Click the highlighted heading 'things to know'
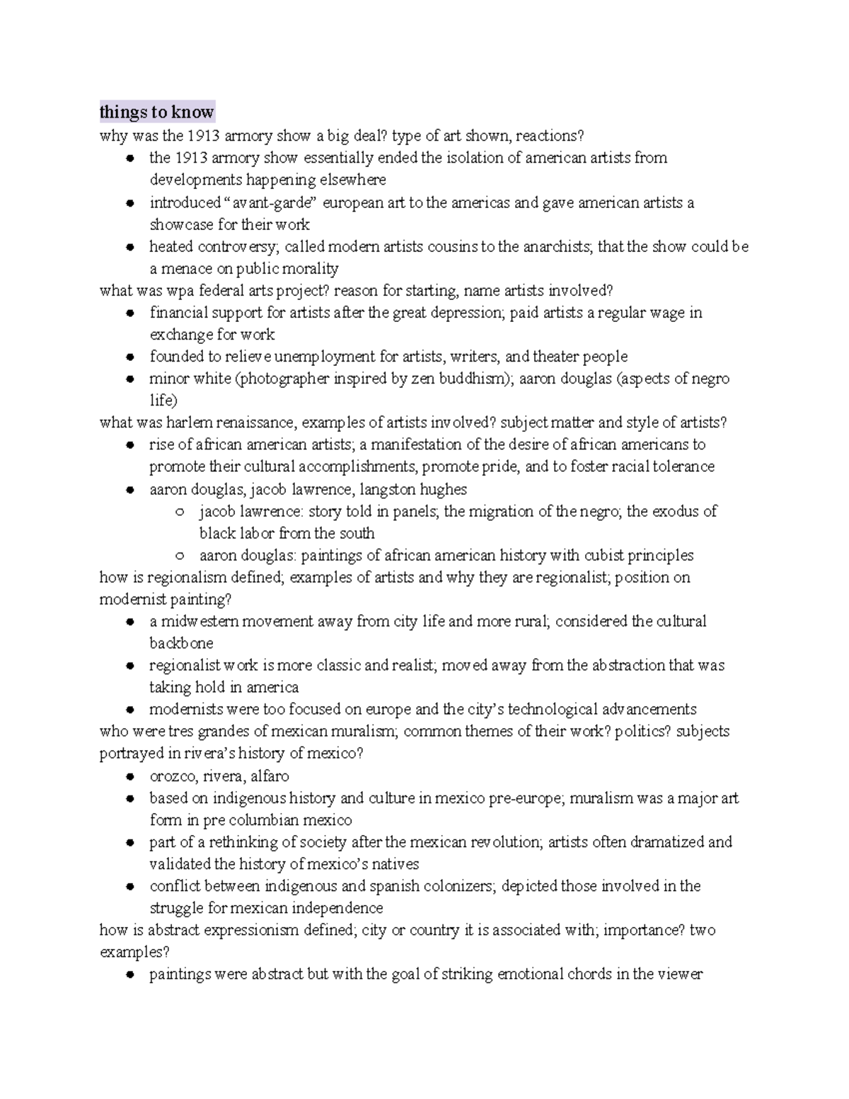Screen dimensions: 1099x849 [156, 112]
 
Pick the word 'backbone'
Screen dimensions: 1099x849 [181, 643]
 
